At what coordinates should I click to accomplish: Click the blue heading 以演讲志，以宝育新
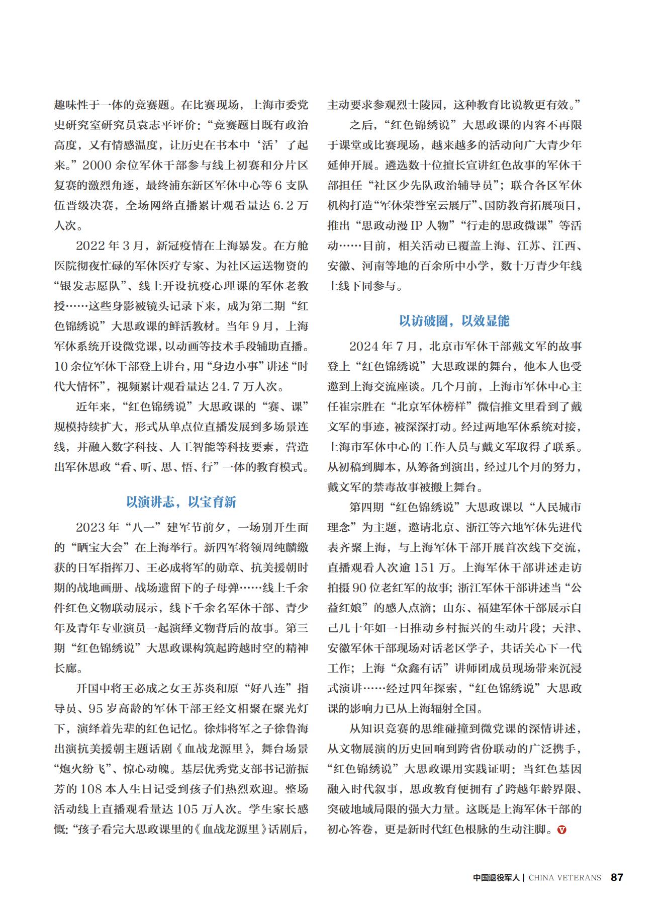click(181, 502)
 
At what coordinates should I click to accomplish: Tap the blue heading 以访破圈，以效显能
click(454, 321)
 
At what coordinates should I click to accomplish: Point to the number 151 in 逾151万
click(425, 567)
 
